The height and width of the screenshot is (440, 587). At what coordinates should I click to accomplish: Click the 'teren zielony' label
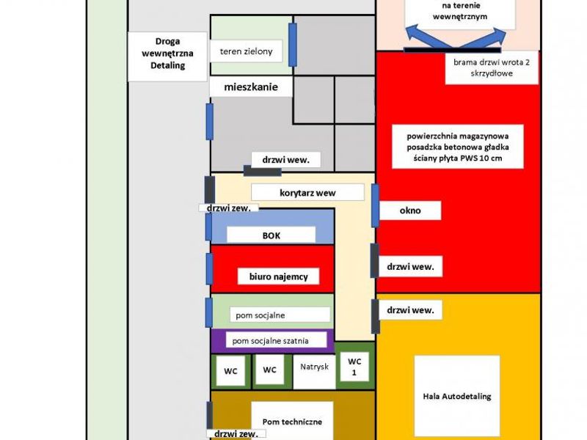[x=246, y=51]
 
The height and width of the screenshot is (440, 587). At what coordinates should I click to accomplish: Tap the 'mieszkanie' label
[x=251, y=87]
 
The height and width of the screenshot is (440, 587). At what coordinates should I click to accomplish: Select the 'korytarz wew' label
[x=307, y=193]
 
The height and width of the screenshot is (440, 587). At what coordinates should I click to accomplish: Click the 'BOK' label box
[x=271, y=235]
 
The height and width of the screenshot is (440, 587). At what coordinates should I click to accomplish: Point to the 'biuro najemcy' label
[x=279, y=276]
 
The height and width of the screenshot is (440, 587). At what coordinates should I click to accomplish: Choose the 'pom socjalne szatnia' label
[x=277, y=340]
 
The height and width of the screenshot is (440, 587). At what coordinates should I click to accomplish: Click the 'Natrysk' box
[x=314, y=372]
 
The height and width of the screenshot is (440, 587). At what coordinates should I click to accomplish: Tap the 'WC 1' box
[x=354, y=367]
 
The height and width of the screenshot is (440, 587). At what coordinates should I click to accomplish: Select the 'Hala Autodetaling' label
[x=457, y=396]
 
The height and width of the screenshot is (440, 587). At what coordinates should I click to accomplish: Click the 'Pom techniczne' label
[x=292, y=421]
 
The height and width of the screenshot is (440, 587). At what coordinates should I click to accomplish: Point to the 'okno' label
[x=410, y=210]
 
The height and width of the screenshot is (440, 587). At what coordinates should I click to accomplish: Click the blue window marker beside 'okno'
[x=375, y=205]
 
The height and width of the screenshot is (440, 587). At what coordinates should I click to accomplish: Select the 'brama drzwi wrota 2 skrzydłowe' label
[x=492, y=67]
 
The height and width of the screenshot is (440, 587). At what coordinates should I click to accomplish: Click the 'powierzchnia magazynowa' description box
[x=457, y=147]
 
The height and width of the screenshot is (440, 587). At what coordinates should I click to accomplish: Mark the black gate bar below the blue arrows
[x=452, y=50]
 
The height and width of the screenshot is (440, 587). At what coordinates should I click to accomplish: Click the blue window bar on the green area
[x=293, y=45]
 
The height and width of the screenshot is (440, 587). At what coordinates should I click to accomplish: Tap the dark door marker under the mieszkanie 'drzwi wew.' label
[x=263, y=172]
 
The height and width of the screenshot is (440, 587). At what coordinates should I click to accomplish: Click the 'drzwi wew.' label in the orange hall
[x=410, y=310]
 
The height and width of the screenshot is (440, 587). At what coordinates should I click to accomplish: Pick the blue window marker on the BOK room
[x=209, y=227]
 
